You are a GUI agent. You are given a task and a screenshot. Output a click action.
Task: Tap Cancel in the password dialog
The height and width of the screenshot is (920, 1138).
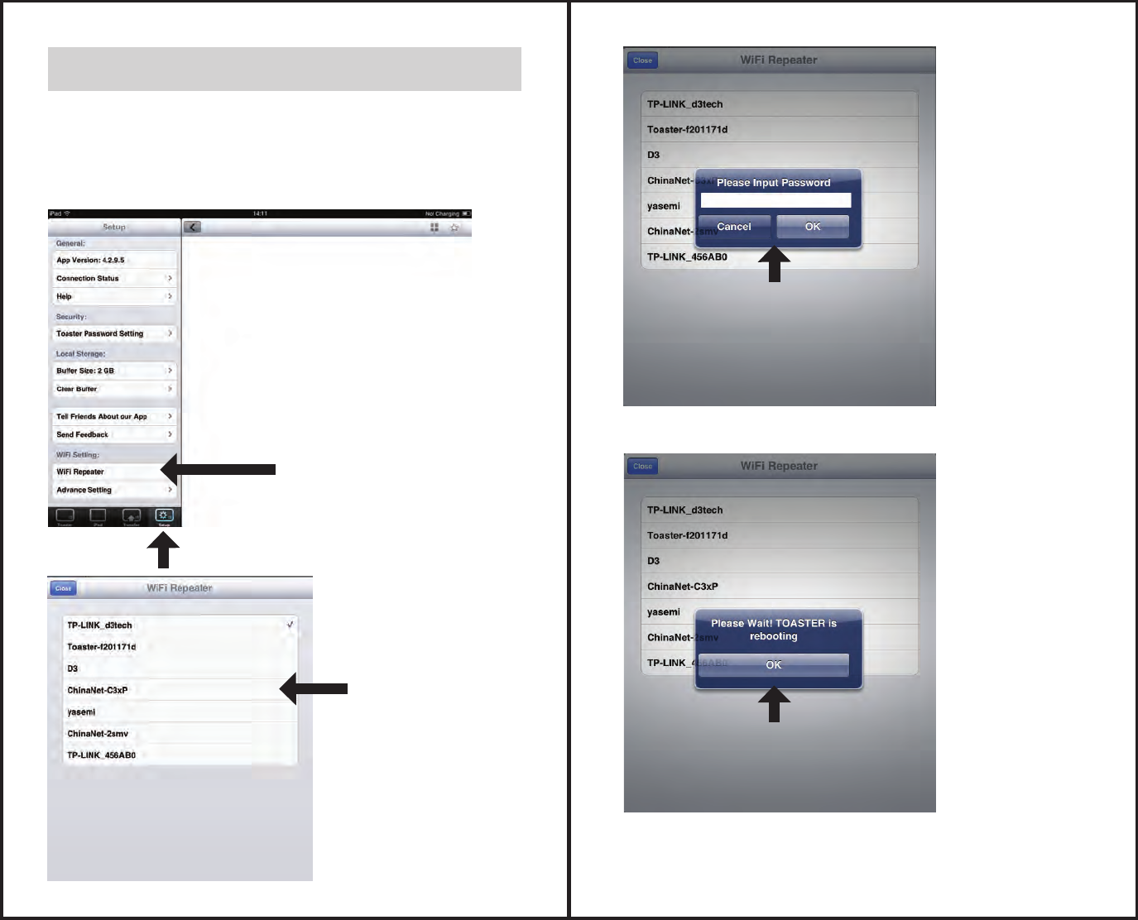(x=734, y=227)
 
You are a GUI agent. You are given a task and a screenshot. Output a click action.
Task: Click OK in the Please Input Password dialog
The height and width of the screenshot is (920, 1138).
(x=813, y=227)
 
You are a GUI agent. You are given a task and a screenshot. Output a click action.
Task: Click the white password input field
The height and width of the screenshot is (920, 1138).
(x=775, y=200)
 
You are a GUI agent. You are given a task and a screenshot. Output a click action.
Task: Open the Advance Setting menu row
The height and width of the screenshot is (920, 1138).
(x=112, y=490)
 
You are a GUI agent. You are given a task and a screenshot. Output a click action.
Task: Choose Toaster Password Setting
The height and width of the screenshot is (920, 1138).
(x=112, y=333)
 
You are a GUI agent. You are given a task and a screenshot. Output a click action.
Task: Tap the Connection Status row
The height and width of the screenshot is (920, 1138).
(x=112, y=278)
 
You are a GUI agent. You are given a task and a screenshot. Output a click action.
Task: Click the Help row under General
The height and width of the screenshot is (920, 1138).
(x=112, y=296)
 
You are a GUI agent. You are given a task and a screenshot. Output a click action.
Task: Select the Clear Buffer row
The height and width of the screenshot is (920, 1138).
(x=112, y=389)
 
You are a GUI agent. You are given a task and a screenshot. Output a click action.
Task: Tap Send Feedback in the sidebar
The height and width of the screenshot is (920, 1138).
(x=112, y=434)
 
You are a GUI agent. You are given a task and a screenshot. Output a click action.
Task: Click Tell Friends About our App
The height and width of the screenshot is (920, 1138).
(x=112, y=416)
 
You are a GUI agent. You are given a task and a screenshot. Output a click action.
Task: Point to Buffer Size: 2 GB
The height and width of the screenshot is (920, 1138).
(x=112, y=371)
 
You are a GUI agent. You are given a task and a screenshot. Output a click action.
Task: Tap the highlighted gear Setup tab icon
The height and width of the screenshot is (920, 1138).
(x=164, y=516)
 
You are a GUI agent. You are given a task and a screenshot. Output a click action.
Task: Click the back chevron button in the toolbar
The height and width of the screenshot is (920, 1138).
(x=192, y=227)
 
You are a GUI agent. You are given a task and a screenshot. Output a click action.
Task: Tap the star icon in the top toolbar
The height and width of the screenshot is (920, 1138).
(x=454, y=228)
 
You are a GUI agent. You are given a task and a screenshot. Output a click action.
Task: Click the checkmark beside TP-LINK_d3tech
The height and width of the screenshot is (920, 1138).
(x=291, y=625)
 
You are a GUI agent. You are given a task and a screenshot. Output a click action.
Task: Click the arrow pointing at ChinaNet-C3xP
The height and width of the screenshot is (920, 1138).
(x=315, y=688)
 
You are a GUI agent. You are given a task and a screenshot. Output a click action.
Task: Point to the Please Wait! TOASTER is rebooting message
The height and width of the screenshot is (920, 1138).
(x=774, y=630)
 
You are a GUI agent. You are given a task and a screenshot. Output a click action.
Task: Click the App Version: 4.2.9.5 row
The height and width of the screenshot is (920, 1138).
(x=112, y=260)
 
